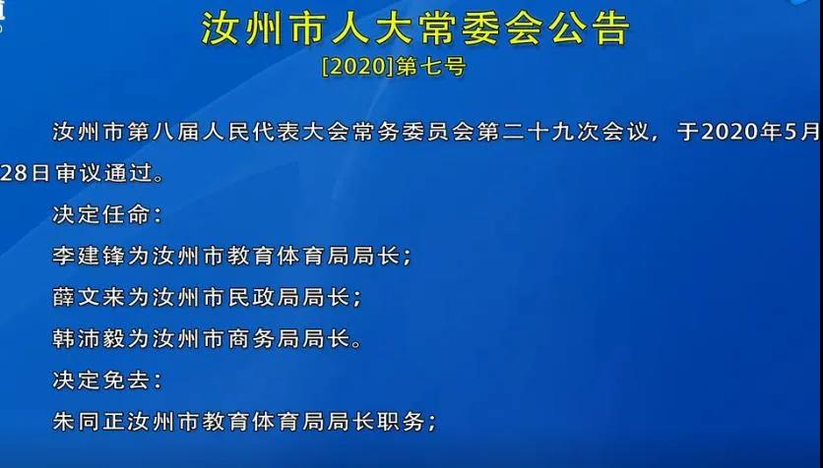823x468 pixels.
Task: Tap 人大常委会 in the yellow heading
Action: (x=437, y=29)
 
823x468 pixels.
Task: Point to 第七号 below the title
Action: (x=430, y=68)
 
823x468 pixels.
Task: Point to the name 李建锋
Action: (x=90, y=257)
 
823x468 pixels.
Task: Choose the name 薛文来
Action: (x=90, y=298)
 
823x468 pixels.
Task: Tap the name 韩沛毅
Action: (x=90, y=339)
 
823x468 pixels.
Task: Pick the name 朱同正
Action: (x=90, y=422)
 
